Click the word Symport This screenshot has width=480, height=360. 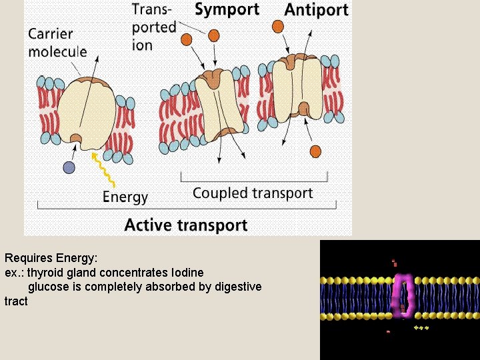click(226, 10)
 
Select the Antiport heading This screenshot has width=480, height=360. click(316, 10)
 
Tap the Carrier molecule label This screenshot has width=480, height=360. click(57, 42)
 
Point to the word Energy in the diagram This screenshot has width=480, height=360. click(125, 197)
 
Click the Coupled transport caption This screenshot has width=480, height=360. click(253, 193)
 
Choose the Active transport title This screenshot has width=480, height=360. click(186, 225)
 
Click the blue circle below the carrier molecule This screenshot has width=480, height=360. click(69, 168)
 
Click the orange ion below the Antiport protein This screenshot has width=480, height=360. click(315, 151)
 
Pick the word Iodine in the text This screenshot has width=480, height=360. click(187, 272)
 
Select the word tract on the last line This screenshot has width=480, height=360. click(16, 301)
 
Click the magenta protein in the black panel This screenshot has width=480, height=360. click(403, 296)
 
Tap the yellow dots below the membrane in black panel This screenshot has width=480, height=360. click(421, 328)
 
